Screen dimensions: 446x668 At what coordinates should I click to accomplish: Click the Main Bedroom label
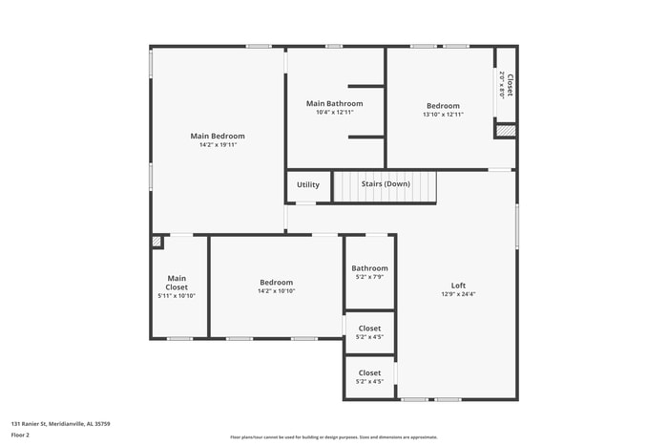pos(217,136)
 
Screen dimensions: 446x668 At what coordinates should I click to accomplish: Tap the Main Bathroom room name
pos(334,103)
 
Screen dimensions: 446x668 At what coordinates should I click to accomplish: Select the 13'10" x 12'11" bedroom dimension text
pos(443,115)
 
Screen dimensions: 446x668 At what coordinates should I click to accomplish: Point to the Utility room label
pos(308,184)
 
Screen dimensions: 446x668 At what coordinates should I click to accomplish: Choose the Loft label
pos(458,286)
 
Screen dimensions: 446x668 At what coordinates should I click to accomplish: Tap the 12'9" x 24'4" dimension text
pos(458,294)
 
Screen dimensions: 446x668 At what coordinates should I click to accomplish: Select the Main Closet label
pos(177,283)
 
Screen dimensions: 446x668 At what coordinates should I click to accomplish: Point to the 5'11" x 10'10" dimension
pos(177,296)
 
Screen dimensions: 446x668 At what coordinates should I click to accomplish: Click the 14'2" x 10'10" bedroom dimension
pos(276,291)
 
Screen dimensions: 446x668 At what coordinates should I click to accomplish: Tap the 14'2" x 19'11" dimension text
pos(217,145)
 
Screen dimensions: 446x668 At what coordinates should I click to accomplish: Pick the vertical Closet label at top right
pos(510,86)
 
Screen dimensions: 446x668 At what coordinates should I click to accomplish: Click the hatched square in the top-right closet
pos(506,130)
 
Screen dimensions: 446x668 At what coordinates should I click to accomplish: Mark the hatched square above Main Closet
pos(157,243)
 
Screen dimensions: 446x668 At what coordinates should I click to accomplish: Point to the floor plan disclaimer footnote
pos(333,436)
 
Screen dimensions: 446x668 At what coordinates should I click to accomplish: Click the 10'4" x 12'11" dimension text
pos(334,113)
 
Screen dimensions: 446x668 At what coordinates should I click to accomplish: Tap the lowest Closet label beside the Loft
pos(369,373)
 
